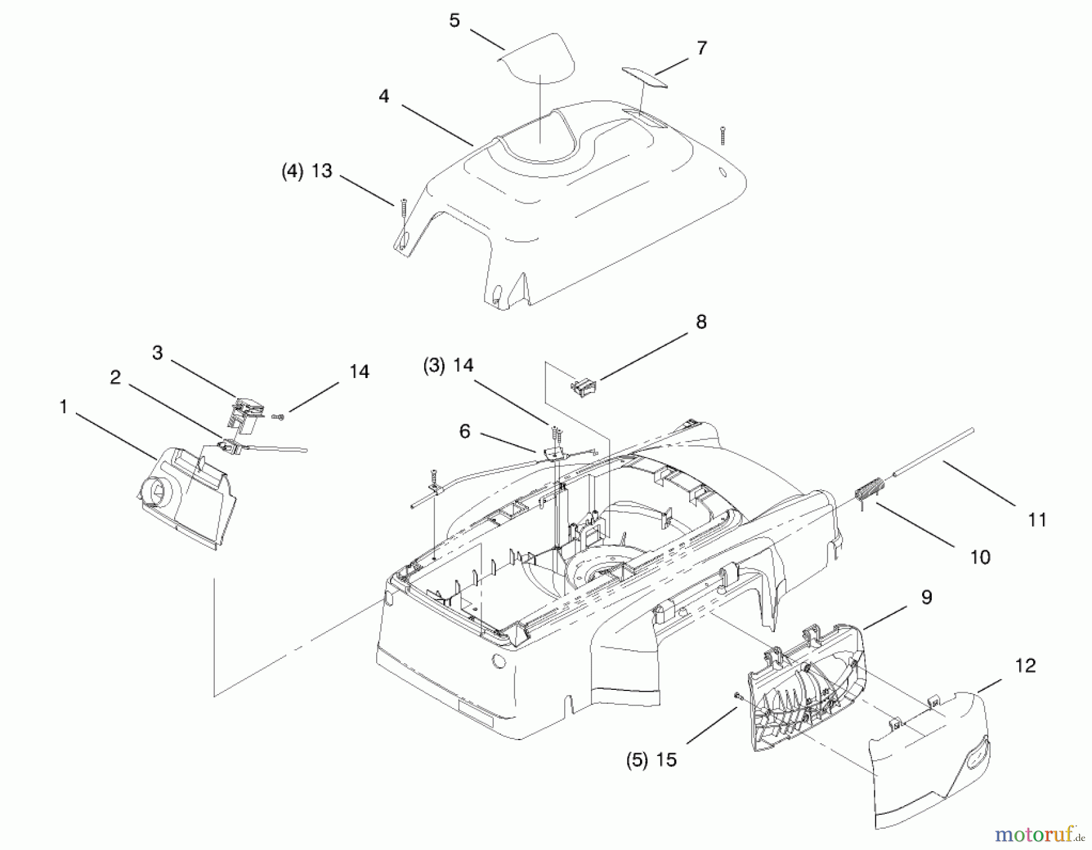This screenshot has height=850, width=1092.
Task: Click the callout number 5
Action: pos(454,21)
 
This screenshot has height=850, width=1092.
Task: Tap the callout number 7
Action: pos(702,48)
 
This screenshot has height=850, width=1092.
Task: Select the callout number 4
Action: pos(383,96)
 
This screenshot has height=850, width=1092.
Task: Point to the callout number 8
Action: pos(701,322)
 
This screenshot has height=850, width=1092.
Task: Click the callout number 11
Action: pos(1037,520)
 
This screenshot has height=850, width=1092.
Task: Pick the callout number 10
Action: pos(980,557)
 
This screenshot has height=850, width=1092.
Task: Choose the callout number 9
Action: pos(926,597)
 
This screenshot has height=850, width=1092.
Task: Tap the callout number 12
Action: pos(1025,666)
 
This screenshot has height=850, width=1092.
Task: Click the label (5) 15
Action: pos(651,760)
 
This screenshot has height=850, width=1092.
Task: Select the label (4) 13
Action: pos(307,171)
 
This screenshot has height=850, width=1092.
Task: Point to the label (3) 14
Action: pos(448,365)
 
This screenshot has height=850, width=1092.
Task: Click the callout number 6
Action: pos(465,431)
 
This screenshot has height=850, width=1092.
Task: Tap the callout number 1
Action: pos(63,406)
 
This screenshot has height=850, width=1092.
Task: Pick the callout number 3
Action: pos(158,352)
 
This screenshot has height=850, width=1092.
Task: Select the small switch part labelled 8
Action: pos(584,387)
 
